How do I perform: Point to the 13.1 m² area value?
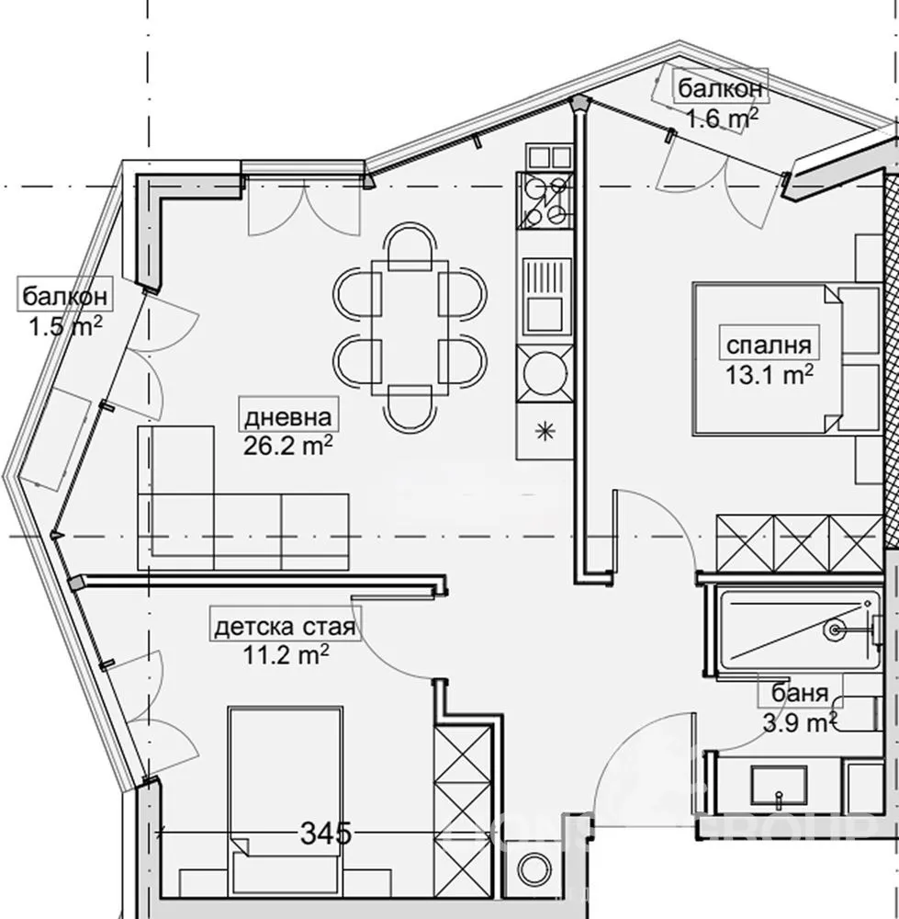(768, 374)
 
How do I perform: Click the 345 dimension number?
(327, 834)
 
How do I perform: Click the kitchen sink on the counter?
(545, 300)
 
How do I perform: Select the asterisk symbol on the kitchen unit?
(545, 430)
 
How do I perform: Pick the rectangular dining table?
(410, 327)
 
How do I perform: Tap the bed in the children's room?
(285, 790)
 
